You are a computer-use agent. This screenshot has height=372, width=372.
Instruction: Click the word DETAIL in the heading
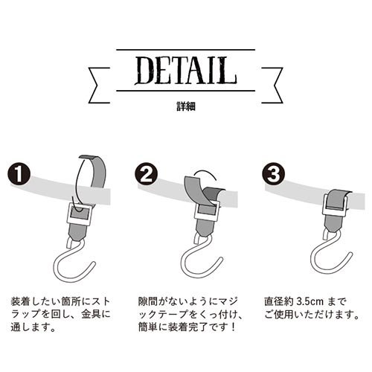pos(186,71)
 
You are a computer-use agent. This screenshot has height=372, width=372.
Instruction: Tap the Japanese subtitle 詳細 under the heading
pos(186,106)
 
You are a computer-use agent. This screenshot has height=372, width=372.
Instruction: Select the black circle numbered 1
pos(19,174)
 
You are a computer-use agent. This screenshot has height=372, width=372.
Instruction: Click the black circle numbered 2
pos(147,174)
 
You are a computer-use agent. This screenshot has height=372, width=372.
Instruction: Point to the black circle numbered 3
pos(273,174)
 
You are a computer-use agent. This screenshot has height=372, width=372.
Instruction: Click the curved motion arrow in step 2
pos(206,171)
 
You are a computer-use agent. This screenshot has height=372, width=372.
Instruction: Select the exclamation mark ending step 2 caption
pos(232,327)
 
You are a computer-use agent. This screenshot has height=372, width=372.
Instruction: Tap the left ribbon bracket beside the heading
pos(99,85)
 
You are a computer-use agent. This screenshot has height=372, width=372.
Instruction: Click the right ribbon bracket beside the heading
pos(272,85)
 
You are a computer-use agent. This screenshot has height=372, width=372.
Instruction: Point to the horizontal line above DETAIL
pos(185,50)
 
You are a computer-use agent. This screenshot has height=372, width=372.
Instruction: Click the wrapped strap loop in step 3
pos(337,199)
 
